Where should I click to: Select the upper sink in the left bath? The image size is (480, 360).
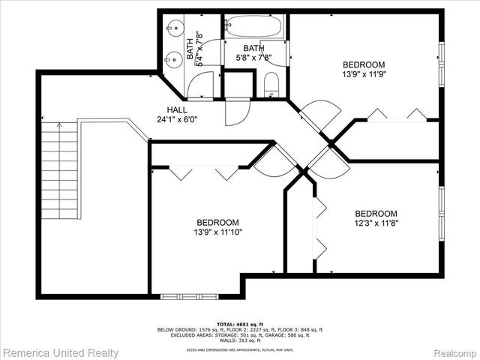172,30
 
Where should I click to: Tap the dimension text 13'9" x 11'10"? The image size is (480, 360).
217,232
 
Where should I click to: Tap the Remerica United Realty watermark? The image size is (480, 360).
60,351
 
